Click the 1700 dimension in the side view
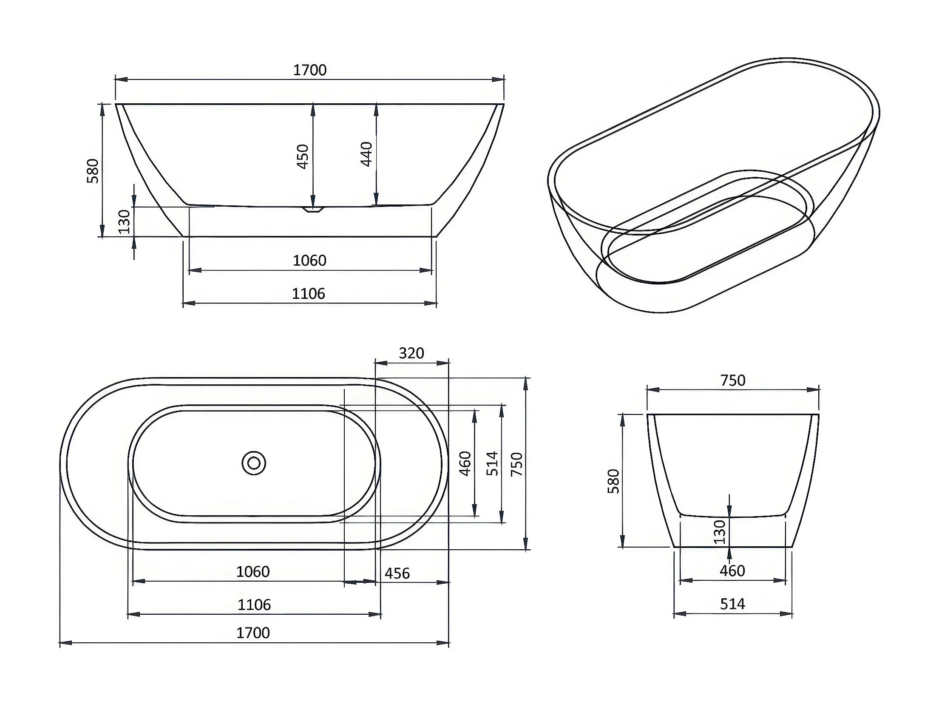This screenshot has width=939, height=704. pos(309,70)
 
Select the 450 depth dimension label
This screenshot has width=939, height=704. pos(303,156)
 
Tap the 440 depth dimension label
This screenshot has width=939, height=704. pos(366,154)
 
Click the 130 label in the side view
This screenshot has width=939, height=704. pos(124,221)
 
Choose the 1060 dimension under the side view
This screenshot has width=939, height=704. pos(309,260)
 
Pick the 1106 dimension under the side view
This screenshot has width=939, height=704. pos(308,294)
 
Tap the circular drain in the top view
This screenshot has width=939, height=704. pos(254,463)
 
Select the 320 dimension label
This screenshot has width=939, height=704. pos(411,353)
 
